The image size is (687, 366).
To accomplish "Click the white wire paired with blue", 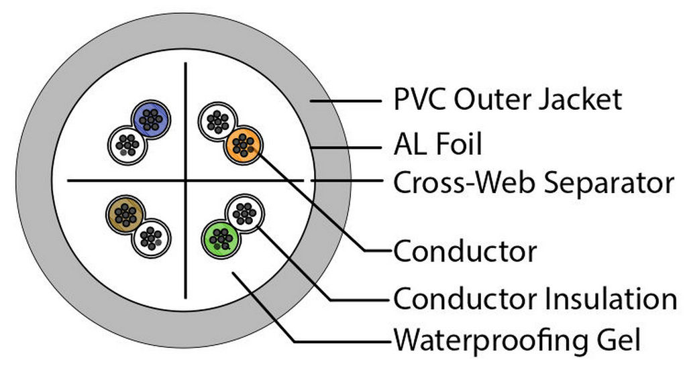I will pyautogui.click(x=127, y=143).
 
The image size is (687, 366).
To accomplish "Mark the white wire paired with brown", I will pyautogui.click(x=152, y=237).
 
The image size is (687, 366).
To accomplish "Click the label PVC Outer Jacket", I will pyautogui.click(x=507, y=100).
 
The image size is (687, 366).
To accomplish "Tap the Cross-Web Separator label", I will pyautogui.click(x=533, y=182).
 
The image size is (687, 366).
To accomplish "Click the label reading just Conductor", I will pyautogui.click(x=464, y=252).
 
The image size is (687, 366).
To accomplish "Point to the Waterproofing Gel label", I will pyautogui.click(x=517, y=340).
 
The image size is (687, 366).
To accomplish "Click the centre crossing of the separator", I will pyautogui.click(x=186, y=180).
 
